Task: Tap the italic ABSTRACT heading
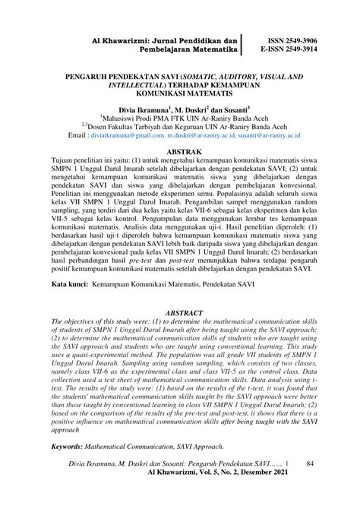tap(181, 289)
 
